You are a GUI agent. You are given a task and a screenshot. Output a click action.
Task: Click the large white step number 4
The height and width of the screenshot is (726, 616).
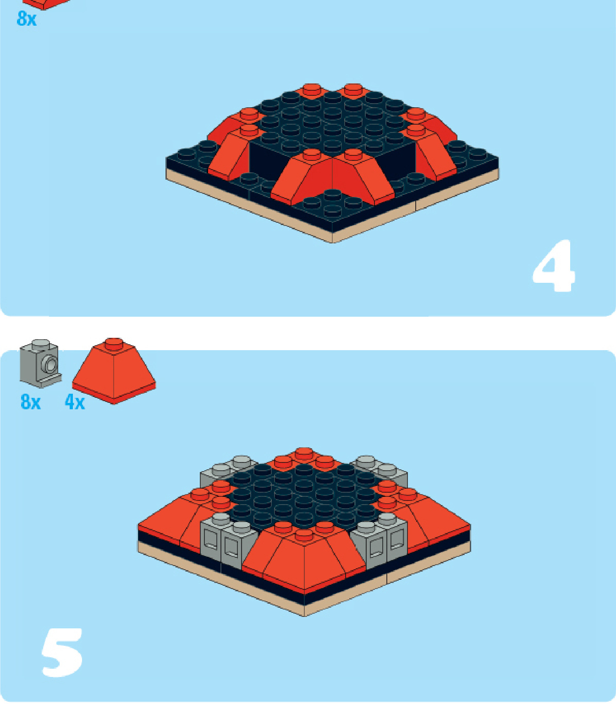click(554, 266)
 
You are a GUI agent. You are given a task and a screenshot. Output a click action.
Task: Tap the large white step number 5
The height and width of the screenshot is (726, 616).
click(62, 652)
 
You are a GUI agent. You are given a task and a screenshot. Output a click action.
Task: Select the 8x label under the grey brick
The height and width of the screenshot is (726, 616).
click(31, 402)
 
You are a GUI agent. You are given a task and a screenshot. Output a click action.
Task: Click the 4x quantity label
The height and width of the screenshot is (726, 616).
click(75, 402)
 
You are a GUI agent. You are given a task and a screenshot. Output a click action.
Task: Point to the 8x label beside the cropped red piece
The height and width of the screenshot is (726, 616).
click(27, 19)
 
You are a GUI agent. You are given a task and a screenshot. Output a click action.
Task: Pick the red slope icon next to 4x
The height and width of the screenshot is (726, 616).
click(114, 371)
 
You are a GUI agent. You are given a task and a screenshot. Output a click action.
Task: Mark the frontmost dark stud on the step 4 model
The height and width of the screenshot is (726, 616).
click(332, 210)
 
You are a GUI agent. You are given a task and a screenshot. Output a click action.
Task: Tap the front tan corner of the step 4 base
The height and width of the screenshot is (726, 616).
click(333, 241)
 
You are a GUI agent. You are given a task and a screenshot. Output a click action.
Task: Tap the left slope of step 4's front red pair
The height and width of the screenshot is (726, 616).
click(302, 176)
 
